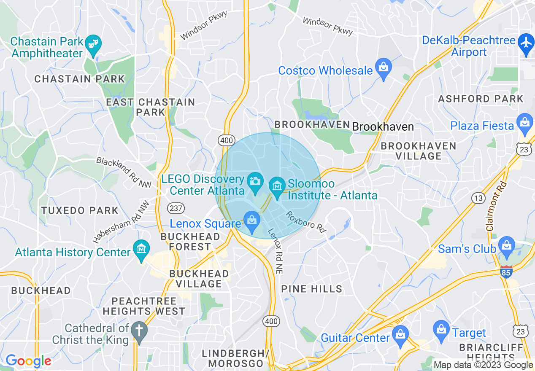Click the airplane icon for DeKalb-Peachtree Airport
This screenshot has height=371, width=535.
526,43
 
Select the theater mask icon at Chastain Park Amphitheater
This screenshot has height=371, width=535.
92,44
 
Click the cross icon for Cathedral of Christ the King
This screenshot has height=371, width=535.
139,331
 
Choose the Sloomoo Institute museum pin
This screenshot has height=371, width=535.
277,187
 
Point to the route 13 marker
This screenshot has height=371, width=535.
478,198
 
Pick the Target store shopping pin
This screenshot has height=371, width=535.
441,330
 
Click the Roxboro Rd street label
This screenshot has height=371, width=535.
306,222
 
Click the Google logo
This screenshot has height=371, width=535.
28,361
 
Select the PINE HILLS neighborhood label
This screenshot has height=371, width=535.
312,289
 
